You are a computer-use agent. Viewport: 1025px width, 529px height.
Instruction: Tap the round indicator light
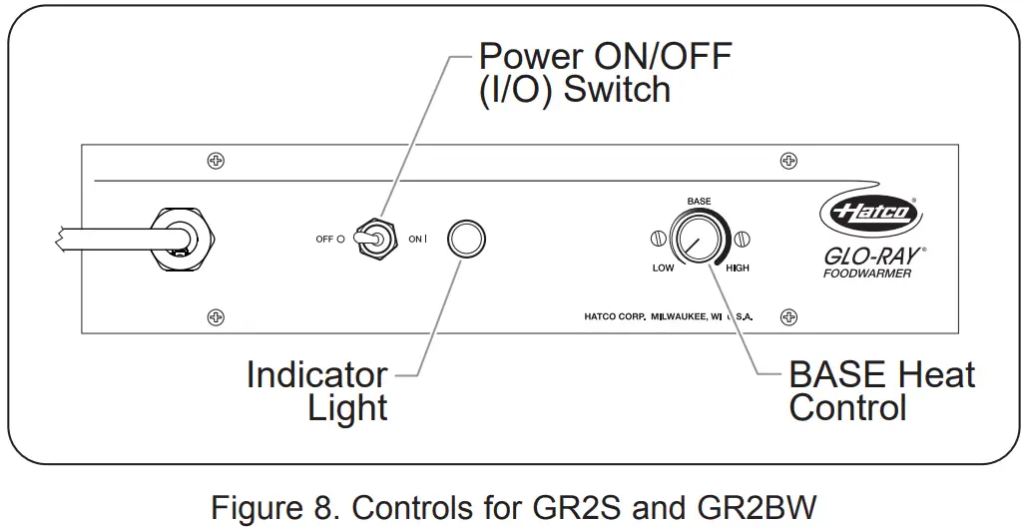click(x=466, y=238)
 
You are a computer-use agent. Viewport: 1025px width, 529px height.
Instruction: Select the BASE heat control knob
click(x=699, y=238)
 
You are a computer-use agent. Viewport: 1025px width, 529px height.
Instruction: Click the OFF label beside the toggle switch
click(x=325, y=240)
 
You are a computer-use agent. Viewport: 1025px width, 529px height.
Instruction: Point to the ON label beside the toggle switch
click(x=415, y=240)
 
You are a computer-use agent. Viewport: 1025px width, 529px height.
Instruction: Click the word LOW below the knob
click(x=663, y=268)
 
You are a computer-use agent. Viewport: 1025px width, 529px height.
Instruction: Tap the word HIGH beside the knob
click(x=737, y=268)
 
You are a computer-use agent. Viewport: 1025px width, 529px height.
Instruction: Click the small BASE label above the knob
click(x=699, y=202)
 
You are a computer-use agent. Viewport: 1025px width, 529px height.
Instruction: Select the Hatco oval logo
click(x=870, y=212)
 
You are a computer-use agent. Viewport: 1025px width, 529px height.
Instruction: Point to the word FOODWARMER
click(x=866, y=273)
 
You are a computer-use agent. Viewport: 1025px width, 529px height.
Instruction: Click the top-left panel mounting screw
click(x=216, y=161)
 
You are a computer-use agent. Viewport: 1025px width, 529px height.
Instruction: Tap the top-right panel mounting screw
click(x=789, y=161)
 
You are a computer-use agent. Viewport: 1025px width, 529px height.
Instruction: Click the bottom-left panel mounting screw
click(x=216, y=317)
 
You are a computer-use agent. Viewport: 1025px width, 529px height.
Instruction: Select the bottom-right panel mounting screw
click(x=789, y=317)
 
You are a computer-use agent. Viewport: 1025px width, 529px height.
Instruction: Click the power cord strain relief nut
click(x=183, y=239)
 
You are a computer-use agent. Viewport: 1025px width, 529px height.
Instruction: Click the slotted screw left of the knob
click(x=659, y=239)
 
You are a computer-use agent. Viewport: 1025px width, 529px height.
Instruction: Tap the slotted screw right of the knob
click(x=740, y=239)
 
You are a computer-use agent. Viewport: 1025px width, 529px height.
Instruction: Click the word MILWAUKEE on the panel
click(x=679, y=317)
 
